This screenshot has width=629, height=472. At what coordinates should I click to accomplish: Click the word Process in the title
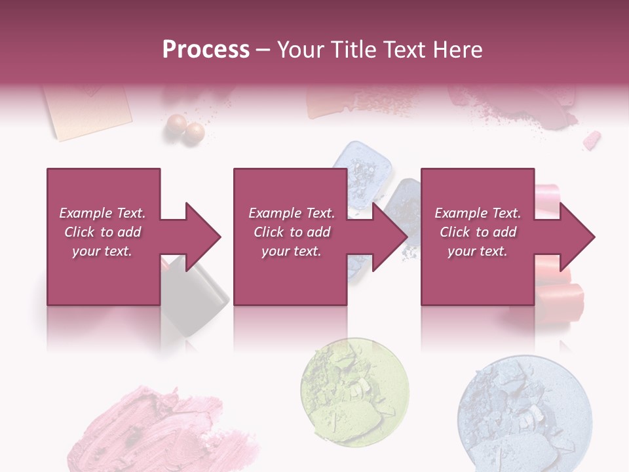206,50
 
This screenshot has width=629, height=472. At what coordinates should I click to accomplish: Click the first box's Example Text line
102,213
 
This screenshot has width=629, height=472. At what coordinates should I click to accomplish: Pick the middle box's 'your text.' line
291,251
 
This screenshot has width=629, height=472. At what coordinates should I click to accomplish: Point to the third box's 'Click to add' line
478,232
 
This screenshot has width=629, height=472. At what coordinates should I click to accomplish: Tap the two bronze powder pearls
185,127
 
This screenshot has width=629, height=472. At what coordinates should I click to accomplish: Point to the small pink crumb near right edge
592,140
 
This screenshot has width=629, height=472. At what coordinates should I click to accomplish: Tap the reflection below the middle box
290,328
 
